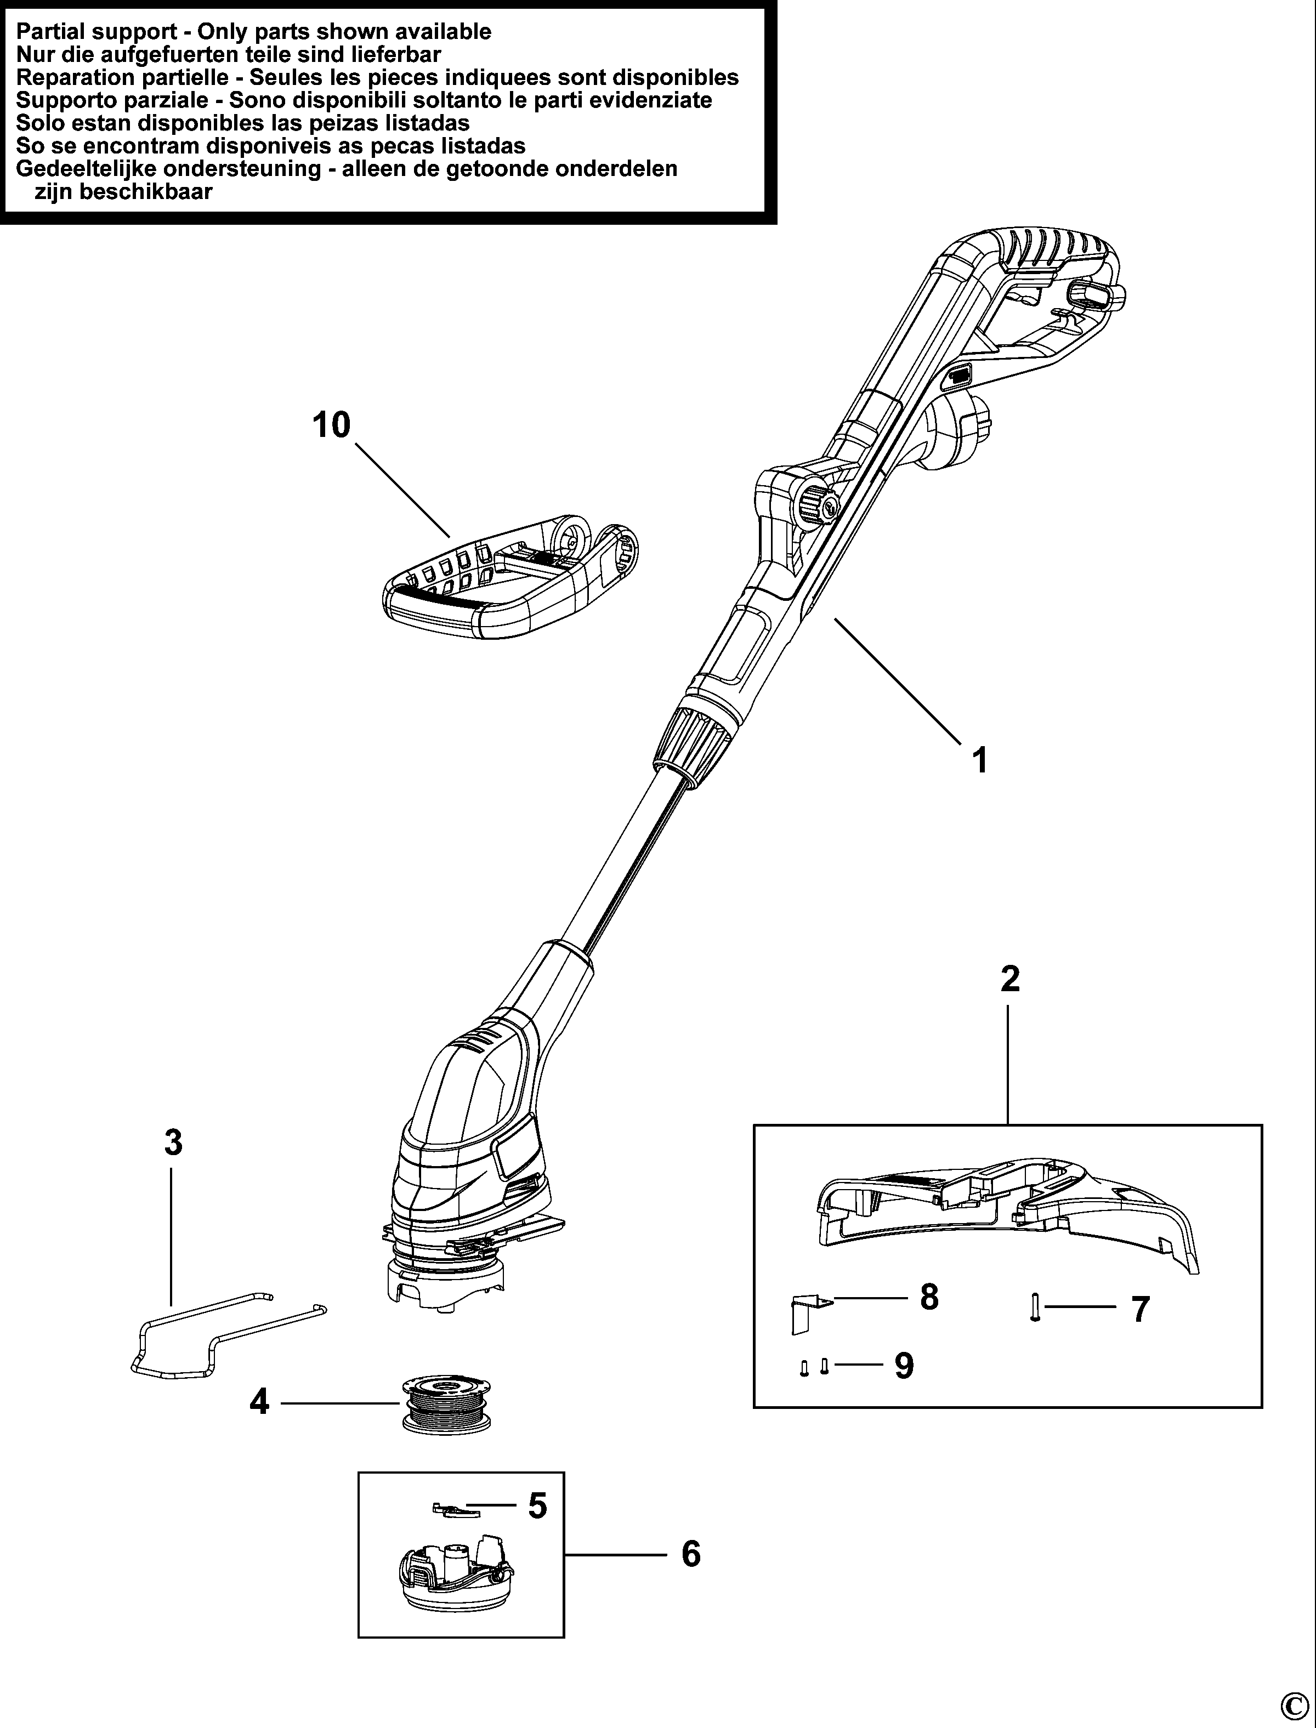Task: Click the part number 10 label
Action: pos(331,425)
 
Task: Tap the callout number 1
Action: pos(979,760)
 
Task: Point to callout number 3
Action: pos(173,1142)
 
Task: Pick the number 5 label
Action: pos(537,1505)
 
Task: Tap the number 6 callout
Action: pos(690,1554)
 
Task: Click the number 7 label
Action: pos(1141,1309)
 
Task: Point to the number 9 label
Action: pos(904,1366)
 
